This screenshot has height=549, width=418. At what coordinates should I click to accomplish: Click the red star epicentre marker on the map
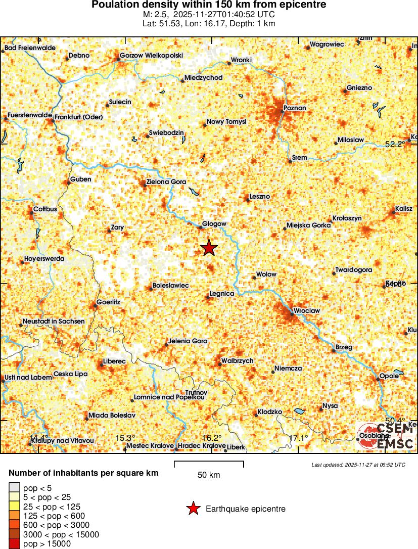209,248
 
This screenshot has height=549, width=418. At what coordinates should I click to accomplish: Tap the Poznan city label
295,108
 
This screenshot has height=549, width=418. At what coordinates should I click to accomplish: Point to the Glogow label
214,223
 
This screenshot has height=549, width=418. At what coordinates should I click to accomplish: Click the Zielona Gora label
166,181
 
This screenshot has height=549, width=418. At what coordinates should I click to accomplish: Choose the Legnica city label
222,293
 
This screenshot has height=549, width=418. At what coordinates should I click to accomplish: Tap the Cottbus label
45,209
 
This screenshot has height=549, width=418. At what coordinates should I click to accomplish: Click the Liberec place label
114,361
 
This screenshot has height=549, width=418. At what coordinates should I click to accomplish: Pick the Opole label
389,375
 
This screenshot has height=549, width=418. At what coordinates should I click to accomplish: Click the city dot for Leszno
248,200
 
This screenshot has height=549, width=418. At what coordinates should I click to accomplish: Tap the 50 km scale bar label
209,475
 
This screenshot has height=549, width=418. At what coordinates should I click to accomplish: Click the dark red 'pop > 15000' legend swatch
14,544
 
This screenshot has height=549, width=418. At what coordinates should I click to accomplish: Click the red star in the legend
193,509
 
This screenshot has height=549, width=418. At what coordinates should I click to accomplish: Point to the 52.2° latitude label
395,144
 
